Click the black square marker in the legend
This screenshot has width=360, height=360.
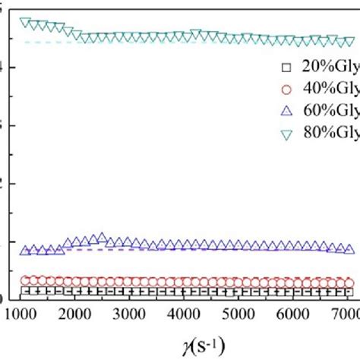286,65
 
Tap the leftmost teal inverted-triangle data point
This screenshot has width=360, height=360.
24,22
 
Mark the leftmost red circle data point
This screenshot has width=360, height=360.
24,280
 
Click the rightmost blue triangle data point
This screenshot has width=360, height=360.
349,249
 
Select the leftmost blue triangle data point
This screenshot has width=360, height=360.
24,251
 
